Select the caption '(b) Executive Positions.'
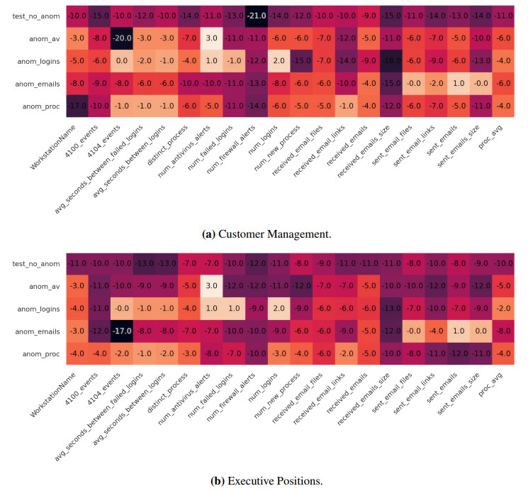pos(266,480)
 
